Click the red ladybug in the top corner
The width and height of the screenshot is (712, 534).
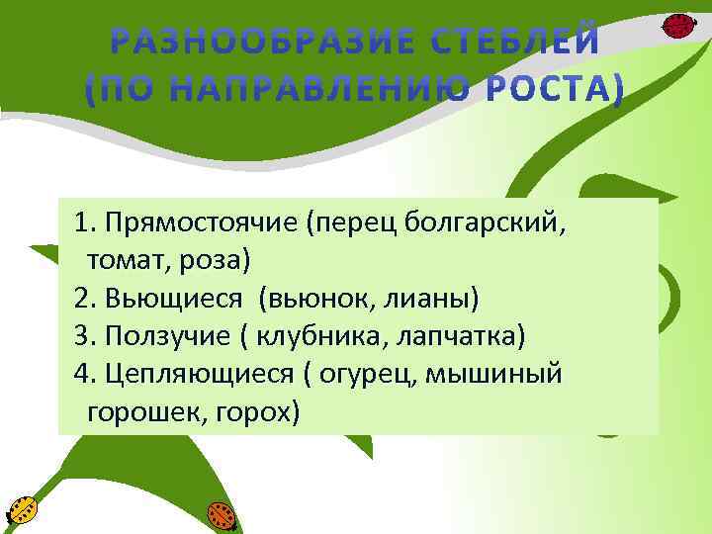[x=676, y=25]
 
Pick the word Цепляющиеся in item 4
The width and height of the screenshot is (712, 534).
[x=197, y=373]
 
